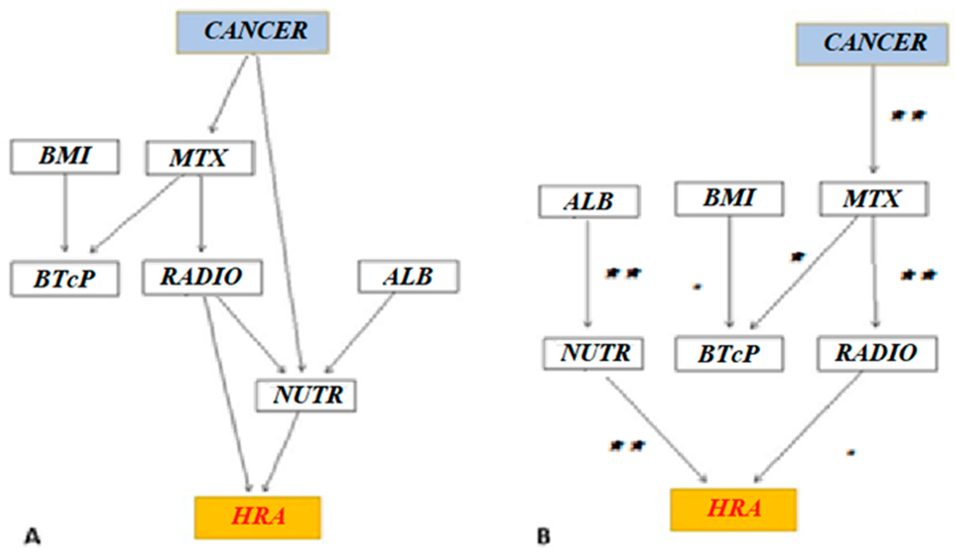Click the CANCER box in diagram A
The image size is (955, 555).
252,32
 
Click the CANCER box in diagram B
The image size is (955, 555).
872,44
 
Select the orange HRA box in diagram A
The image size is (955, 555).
258,517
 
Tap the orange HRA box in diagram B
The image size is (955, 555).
733,509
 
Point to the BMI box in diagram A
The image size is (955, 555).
65,156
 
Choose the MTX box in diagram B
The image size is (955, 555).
874,199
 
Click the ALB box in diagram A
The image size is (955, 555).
408,276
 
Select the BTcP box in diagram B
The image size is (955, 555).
729,353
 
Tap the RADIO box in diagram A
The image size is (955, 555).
202,277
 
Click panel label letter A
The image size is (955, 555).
33,536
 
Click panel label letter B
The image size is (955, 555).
544,536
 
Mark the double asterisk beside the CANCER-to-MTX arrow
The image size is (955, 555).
908,115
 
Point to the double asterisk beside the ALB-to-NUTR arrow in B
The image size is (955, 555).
623,273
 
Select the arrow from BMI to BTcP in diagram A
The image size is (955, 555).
65,212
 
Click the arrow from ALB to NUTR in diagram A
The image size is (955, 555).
360,333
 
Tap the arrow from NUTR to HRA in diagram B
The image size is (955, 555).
656,430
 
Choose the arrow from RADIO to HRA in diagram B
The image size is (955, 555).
807,428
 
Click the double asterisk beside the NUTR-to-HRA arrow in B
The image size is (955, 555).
627,446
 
